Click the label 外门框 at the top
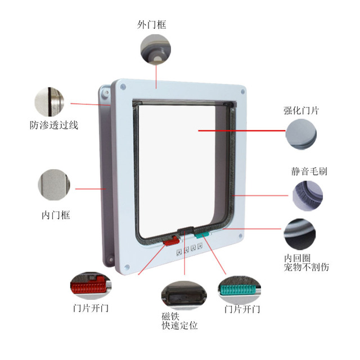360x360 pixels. pos(152,25)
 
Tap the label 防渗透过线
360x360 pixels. pos(54,124)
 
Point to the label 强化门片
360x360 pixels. pos(301,111)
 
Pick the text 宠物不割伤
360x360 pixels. pos(307,267)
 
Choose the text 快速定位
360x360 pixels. pos(179,326)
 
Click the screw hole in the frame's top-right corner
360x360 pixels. pos(241,91)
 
